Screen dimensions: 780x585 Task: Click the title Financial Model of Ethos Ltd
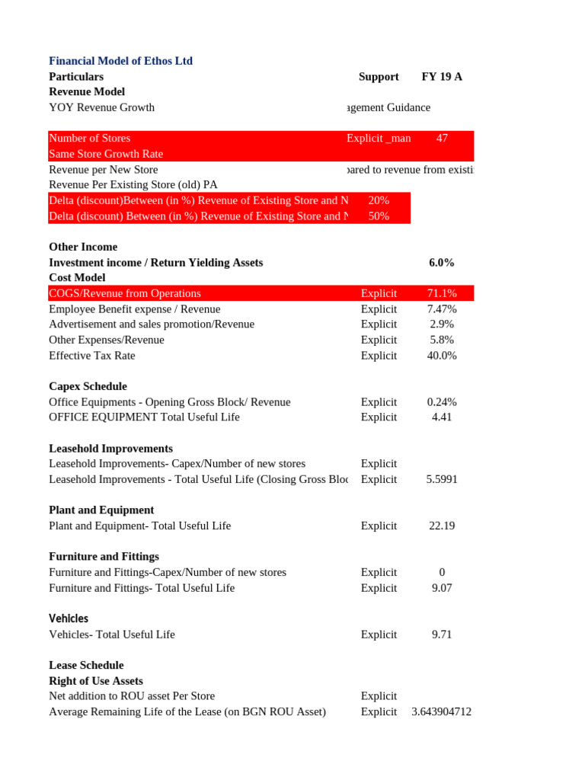pyautogui.click(x=120, y=61)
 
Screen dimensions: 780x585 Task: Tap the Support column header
pyautogui.click(x=379, y=76)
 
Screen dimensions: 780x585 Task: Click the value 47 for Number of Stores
pyautogui.click(x=442, y=138)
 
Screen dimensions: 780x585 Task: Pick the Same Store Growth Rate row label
pyautogui.click(x=106, y=154)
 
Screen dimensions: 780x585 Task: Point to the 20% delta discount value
pyautogui.click(x=379, y=200)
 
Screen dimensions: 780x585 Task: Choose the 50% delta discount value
pyautogui.click(x=379, y=216)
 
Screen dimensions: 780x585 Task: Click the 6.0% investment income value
pyautogui.click(x=442, y=262)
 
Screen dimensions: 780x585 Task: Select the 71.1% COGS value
pyautogui.click(x=442, y=293)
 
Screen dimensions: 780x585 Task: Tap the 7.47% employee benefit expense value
pyautogui.click(x=442, y=308)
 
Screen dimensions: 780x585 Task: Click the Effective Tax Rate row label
pyautogui.click(x=92, y=355)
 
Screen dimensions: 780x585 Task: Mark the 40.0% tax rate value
pyautogui.click(x=442, y=355)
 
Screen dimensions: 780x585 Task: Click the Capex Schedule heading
pyautogui.click(x=88, y=386)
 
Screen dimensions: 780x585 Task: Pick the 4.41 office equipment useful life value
pyautogui.click(x=442, y=417)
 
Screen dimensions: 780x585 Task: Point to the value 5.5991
pyautogui.click(x=442, y=479)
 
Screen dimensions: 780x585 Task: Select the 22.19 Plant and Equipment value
pyautogui.click(x=442, y=526)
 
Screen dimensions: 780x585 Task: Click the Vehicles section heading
pyautogui.click(x=69, y=619)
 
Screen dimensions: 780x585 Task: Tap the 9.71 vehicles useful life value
pyautogui.click(x=442, y=634)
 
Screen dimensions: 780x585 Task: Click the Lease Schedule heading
pyautogui.click(x=86, y=665)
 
